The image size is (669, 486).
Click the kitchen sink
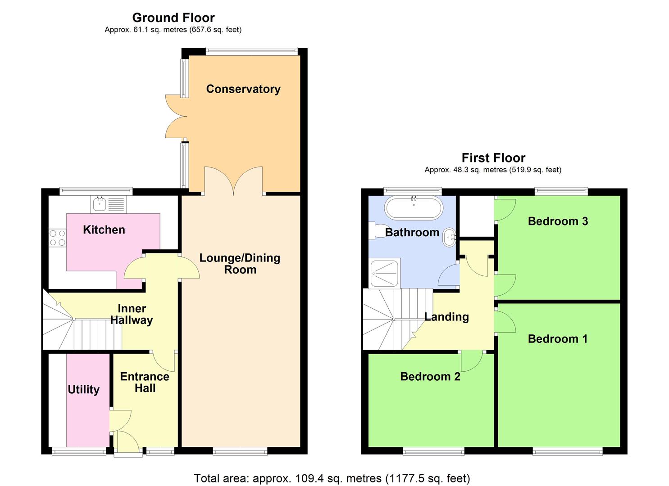[x=109, y=204]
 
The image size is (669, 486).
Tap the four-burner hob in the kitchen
[x=57, y=238]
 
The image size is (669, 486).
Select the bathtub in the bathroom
[x=414, y=208]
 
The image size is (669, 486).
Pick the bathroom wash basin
[x=449, y=237]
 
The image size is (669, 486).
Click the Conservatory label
[x=243, y=89]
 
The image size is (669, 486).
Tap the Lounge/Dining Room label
[x=240, y=264]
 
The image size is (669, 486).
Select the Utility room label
[x=84, y=390]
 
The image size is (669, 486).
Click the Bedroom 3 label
[x=558, y=221]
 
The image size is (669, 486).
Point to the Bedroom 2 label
[x=430, y=377]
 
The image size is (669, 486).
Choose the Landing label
[x=446, y=317]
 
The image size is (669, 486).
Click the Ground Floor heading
[x=173, y=18]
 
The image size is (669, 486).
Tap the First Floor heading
[x=493, y=158]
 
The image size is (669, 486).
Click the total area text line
[x=332, y=478]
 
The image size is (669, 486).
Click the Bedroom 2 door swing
[x=472, y=361]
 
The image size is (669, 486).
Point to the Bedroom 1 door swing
[x=505, y=322]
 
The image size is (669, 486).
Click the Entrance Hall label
[x=145, y=382]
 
